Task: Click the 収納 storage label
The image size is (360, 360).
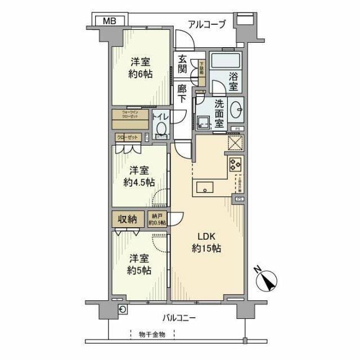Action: coord(128,219)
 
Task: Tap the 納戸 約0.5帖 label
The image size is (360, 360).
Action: coord(157,219)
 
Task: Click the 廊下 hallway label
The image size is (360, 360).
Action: coord(182,92)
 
